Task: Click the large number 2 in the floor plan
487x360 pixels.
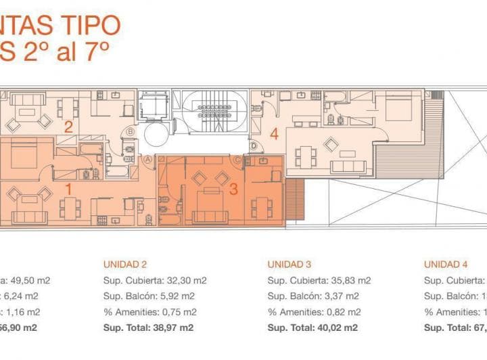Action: (68, 127)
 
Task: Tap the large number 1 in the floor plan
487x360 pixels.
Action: (68, 189)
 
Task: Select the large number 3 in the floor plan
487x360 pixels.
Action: (233, 189)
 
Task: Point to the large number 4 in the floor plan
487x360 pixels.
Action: (273, 134)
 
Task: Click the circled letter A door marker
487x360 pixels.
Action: (147, 160)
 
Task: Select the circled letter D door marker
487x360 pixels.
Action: (254, 145)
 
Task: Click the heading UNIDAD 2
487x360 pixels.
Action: (124, 265)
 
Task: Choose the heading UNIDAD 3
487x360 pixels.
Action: (289, 265)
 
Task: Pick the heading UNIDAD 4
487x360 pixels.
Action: (446, 265)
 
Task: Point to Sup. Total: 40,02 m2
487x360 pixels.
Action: (312, 328)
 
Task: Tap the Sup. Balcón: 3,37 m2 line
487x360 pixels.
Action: (312, 296)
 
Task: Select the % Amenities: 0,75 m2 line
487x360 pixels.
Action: (148, 312)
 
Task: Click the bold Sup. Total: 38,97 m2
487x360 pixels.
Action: (148, 328)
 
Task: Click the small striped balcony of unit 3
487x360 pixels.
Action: (294, 199)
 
